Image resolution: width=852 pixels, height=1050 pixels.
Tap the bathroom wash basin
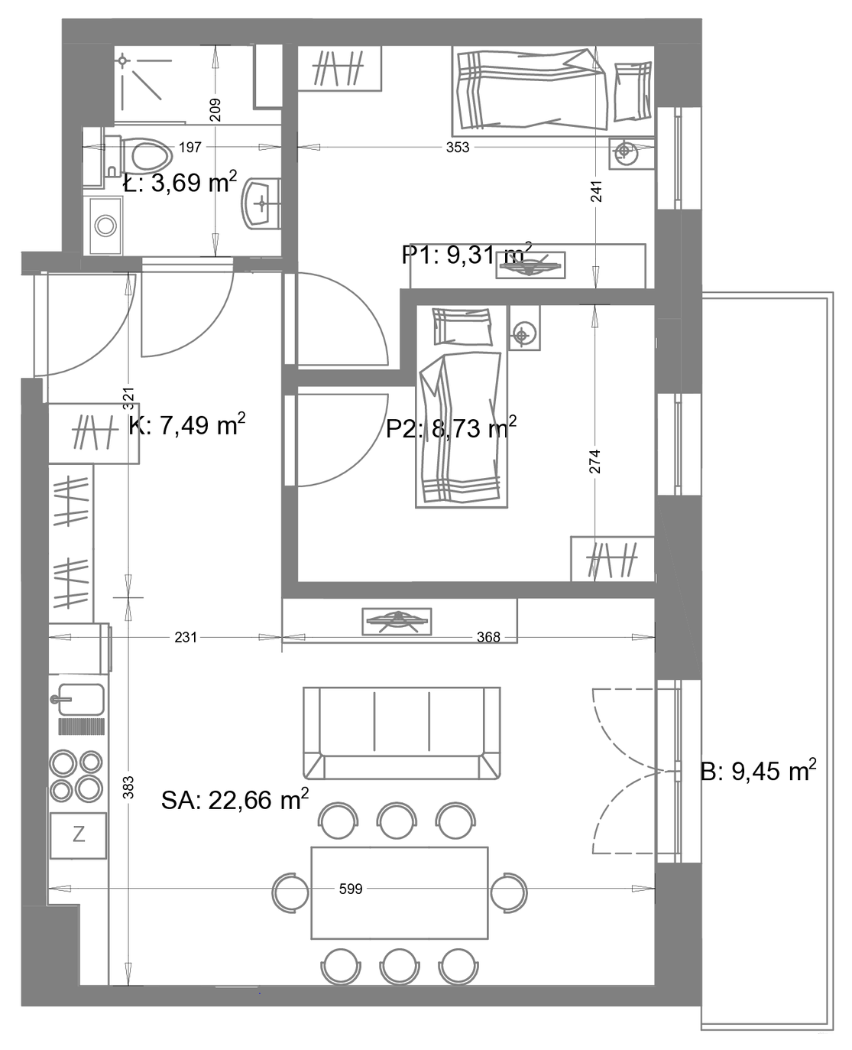261,204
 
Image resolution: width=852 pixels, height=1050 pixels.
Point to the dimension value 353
458,148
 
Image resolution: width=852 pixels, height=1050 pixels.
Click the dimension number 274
595,461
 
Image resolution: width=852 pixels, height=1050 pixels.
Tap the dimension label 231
186,637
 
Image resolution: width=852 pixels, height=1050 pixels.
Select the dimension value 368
488,637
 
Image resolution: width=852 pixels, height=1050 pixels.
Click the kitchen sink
79,699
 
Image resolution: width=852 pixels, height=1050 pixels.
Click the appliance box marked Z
78,835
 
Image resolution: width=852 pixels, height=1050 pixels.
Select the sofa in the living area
401,733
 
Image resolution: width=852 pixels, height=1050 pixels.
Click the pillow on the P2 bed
462,327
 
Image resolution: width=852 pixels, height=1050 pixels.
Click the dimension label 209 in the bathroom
215,110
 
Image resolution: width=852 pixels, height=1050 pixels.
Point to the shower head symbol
122,61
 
